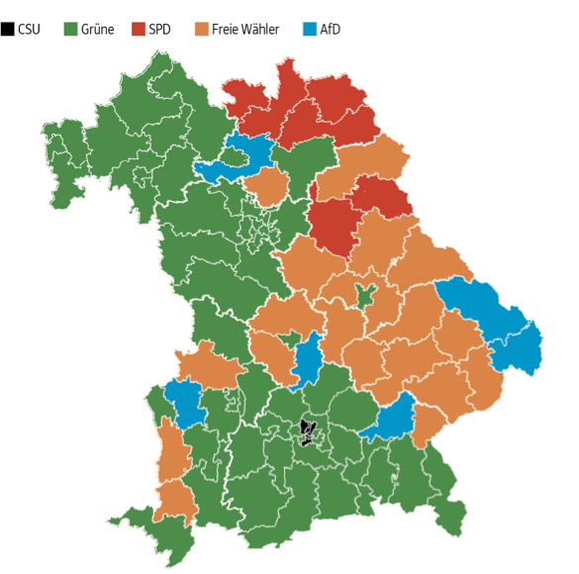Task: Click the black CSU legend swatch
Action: coord(8,29)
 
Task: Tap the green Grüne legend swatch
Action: coord(70,29)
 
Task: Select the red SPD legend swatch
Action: coord(138,29)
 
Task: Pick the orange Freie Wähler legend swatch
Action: coord(202,29)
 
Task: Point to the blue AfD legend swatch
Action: coord(310,29)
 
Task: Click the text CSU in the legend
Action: coord(30,29)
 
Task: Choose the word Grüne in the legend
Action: coord(97,29)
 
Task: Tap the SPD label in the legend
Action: coord(159,29)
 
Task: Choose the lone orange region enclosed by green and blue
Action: coord(266,185)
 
